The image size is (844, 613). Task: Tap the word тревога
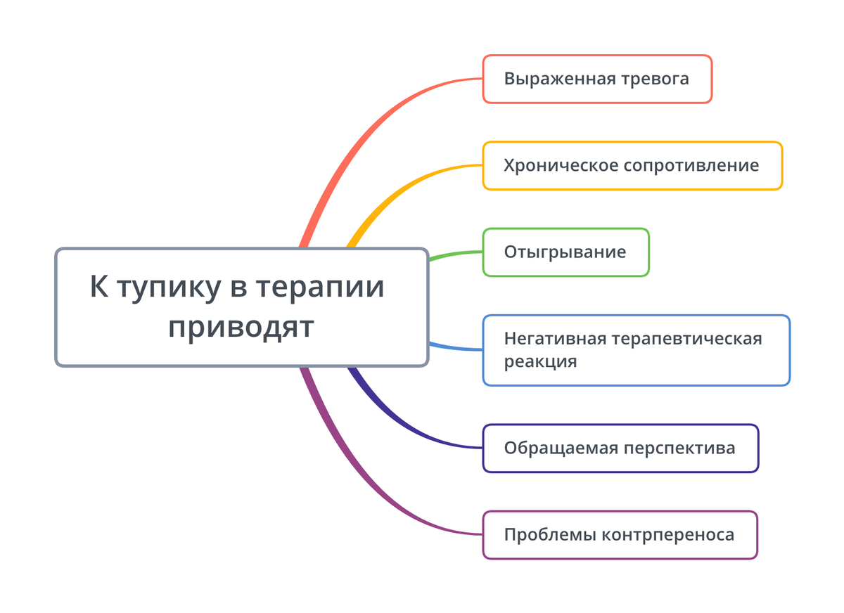tap(656, 79)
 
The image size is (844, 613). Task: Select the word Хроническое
tap(561, 166)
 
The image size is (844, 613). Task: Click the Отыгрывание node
tap(566, 252)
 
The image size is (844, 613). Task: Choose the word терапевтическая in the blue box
tap(686, 340)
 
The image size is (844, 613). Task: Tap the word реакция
tap(541, 362)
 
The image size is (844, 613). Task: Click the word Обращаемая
tap(561, 449)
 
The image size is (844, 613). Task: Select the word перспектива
tap(679, 449)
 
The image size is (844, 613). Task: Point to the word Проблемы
tap(549, 535)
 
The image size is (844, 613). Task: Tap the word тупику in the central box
tap(170, 288)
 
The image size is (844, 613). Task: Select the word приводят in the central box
tap(241, 328)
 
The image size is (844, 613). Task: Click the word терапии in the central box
tap(320, 287)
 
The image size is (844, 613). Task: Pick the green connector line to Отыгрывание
tap(456, 254)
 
